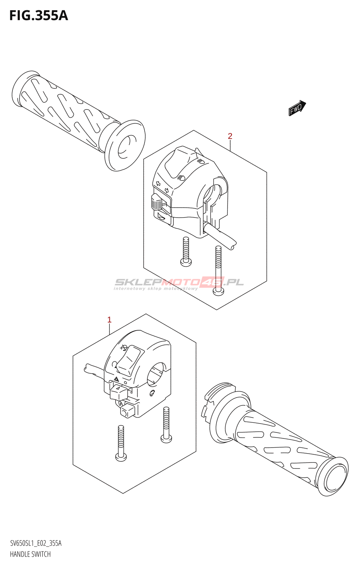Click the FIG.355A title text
(38, 16)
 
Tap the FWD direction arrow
(297, 108)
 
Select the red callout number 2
(230, 136)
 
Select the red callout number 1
(109, 320)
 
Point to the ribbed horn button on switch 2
(156, 202)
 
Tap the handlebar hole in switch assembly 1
(156, 374)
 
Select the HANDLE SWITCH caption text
(30, 554)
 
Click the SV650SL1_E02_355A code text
(35, 543)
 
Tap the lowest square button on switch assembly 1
(127, 411)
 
